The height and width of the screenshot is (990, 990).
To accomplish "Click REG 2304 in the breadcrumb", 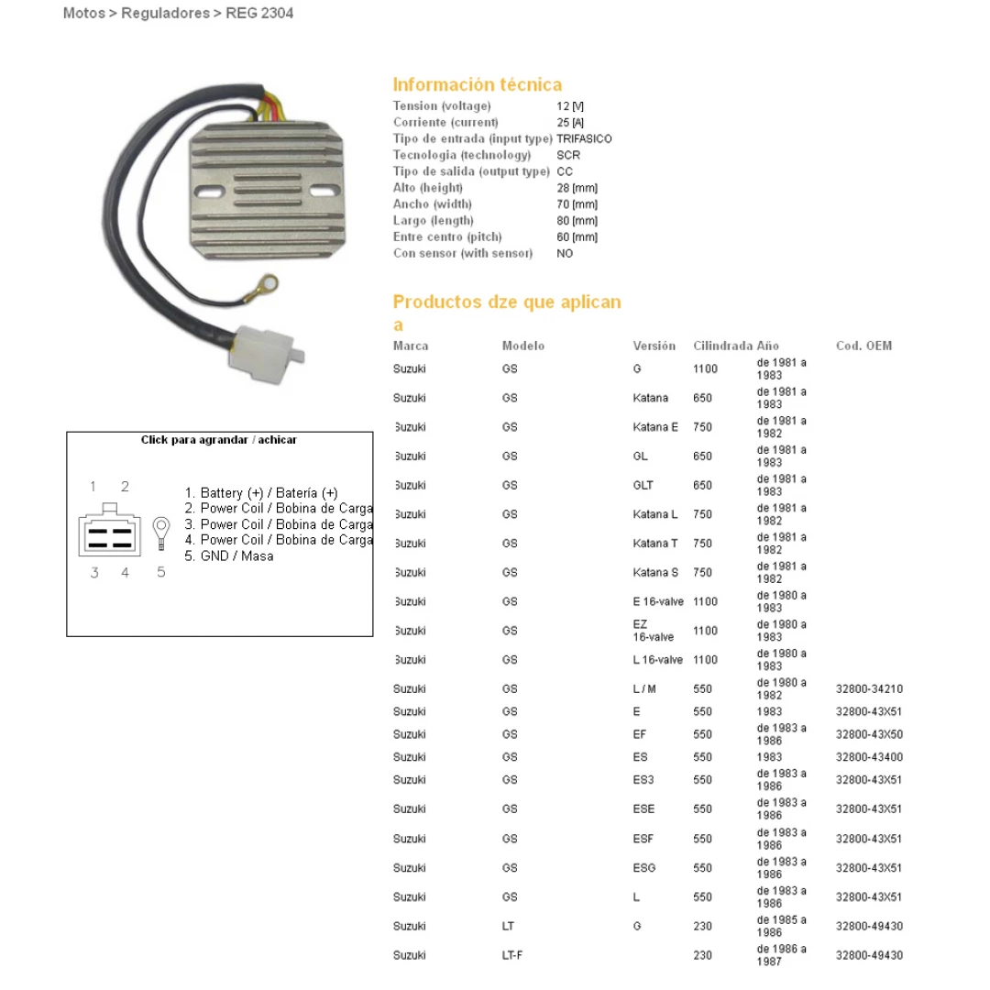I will pos(259,14).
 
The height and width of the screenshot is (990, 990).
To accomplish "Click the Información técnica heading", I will pos(478,84).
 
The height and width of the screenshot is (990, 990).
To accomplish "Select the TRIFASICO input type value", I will pos(584,138).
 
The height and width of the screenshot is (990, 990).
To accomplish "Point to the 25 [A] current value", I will pos(570,122).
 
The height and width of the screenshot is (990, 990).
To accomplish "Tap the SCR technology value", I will pos(568,155).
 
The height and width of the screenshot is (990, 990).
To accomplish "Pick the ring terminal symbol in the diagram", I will pos(161,531).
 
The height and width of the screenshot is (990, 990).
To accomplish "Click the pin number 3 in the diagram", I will pos(94,573).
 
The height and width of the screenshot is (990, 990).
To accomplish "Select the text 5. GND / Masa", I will pos(229,555).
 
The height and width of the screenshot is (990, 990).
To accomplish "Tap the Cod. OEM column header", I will pos(863,346).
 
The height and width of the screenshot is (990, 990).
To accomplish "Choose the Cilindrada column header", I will pos(722,346).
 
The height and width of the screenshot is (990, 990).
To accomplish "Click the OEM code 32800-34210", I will pos(869,688).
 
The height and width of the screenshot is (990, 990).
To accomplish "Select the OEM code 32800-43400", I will pos(869,757).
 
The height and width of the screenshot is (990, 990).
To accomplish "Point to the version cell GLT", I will pos(643,485).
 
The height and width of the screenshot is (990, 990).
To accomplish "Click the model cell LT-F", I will pos(512,955).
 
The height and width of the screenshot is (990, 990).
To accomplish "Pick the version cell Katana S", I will pos(655,572).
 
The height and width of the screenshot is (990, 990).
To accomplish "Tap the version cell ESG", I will pos(644,867).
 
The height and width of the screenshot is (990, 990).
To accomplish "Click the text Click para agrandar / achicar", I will pos(219,440).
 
